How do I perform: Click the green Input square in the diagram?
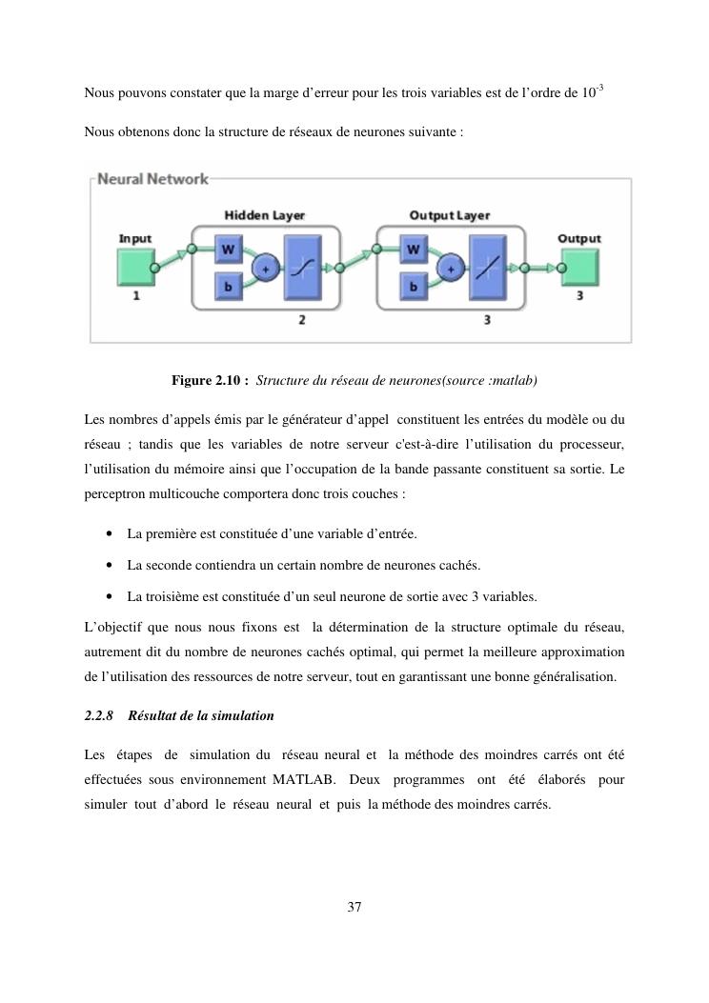click(135, 268)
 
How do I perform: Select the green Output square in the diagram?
click(578, 268)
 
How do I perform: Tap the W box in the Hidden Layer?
click(229, 251)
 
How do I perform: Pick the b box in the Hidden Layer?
click(229, 286)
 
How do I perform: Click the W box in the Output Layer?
click(414, 251)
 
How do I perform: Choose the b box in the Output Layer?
click(414, 286)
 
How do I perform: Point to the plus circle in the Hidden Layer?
click(266, 269)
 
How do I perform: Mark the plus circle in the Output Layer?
click(451, 269)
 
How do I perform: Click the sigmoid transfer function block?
click(302, 269)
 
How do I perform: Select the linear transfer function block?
click(487, 269)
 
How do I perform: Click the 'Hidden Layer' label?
click(264, 215)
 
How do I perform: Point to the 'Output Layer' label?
click(449, 215)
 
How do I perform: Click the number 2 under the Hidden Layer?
click(302, 320)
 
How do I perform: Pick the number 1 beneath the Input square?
click(135, 296)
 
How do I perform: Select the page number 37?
click(354, 906)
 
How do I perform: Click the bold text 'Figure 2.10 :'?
click(210, 381)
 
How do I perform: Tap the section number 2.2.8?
click(99, 715)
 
